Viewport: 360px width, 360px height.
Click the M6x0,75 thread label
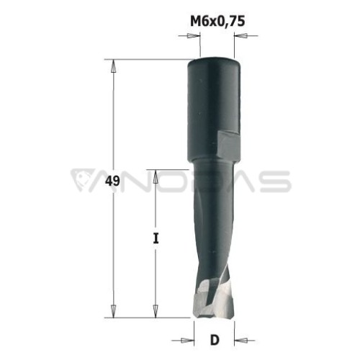point(217,21)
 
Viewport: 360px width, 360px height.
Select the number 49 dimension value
point(112,181)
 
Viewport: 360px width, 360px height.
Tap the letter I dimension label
point(156,238)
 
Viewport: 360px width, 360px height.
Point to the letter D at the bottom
point(215,340)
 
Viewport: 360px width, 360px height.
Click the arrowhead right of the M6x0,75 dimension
point(240,36)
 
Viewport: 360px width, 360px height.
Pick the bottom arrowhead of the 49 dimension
point(114,311)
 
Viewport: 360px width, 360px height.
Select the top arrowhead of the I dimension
point(156,176)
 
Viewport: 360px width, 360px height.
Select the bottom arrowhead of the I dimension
point(156,311)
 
